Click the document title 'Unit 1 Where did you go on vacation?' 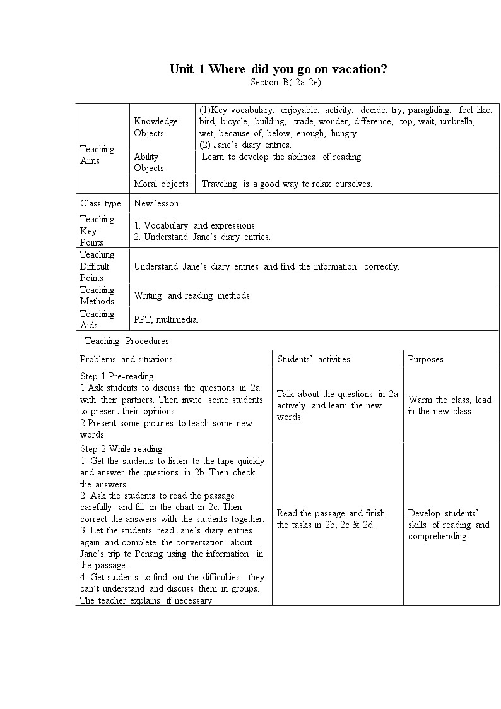[278, 69]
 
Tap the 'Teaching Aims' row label [97, 155]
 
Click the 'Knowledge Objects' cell [156, 127]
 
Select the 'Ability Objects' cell [149, 162]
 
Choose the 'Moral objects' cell [161, 184]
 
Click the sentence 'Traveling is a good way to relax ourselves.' [286, 184]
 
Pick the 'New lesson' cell [156, 203]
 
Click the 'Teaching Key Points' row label [97, 230]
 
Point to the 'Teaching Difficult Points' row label [97, 266]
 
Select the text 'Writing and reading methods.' [192, 295]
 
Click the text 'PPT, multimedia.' [166, 319]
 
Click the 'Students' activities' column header [313, 359]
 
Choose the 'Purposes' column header [425, 359]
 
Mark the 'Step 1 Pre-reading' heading [117, 376]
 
